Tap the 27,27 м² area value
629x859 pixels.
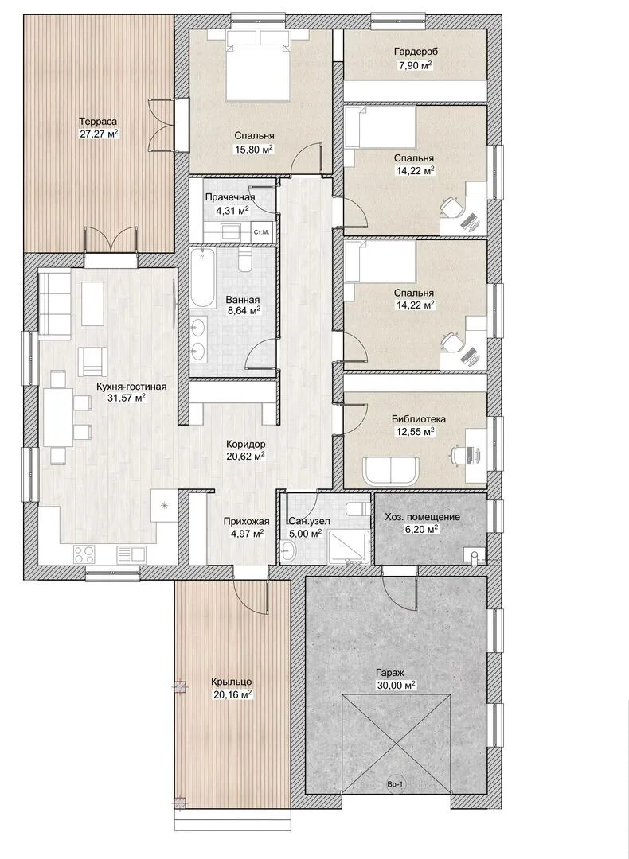100,134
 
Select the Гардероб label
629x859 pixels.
416,52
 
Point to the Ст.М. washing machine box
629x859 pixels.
262,232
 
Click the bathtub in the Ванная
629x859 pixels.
203,278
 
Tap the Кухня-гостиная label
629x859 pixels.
131,387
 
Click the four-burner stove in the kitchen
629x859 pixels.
86,554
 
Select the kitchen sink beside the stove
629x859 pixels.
131,554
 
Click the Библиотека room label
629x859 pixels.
419,419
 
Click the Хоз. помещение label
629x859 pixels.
422,517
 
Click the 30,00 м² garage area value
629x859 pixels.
396,686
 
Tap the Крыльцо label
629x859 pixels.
232,682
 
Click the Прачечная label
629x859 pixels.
230,197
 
